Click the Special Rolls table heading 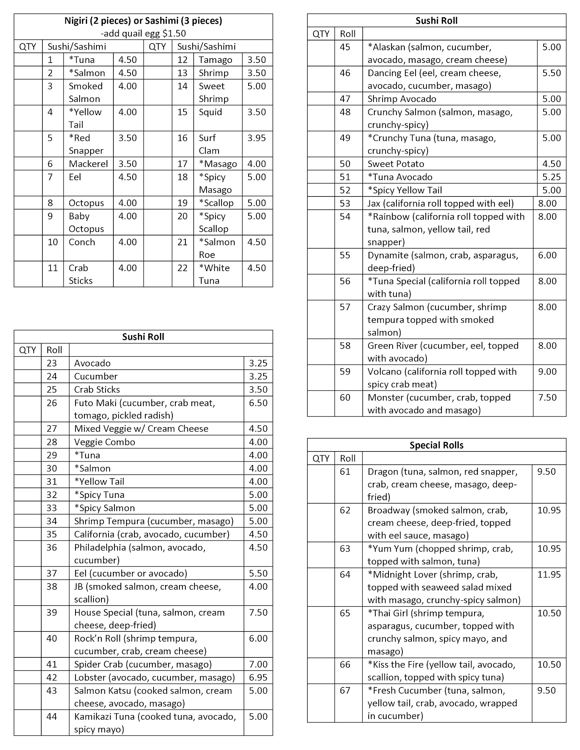pyautogui.click(x=436, y=445)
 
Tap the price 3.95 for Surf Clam pyautogui.click(x=256, y=138)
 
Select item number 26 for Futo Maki pyautogui.click(x=52, y=403)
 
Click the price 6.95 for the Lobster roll pyautogui.click(x=258, y=677)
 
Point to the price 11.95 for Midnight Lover pyautogui.click(x=549, y=574)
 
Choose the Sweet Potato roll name pyautogui.click(x=396, y=164)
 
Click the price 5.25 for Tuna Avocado pyautogui.click(x=551, y=177)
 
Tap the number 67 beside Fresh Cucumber pyautogui.click(x=345, y=690)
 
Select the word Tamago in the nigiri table pyautogui.click(x=215, y=60)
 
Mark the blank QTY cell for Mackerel pyautogui.click(x=28, y=164)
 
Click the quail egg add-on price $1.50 pyautogui.click(x=174, y=33)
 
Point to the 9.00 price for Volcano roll pyautogui.click(x=547, y=372)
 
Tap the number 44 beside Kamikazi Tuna pyautogui.click(x=52, y=717)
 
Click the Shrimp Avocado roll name pyautogui.click(x=402, y=99)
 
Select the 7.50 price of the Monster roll pyautogui.click(x=547, y=397)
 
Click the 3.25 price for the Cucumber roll pyautogui.click(x=258, y=376)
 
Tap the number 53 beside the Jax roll pyautogui.click(x=345, y=204)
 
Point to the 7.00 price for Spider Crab pyautogui.click(x=258, y=664)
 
